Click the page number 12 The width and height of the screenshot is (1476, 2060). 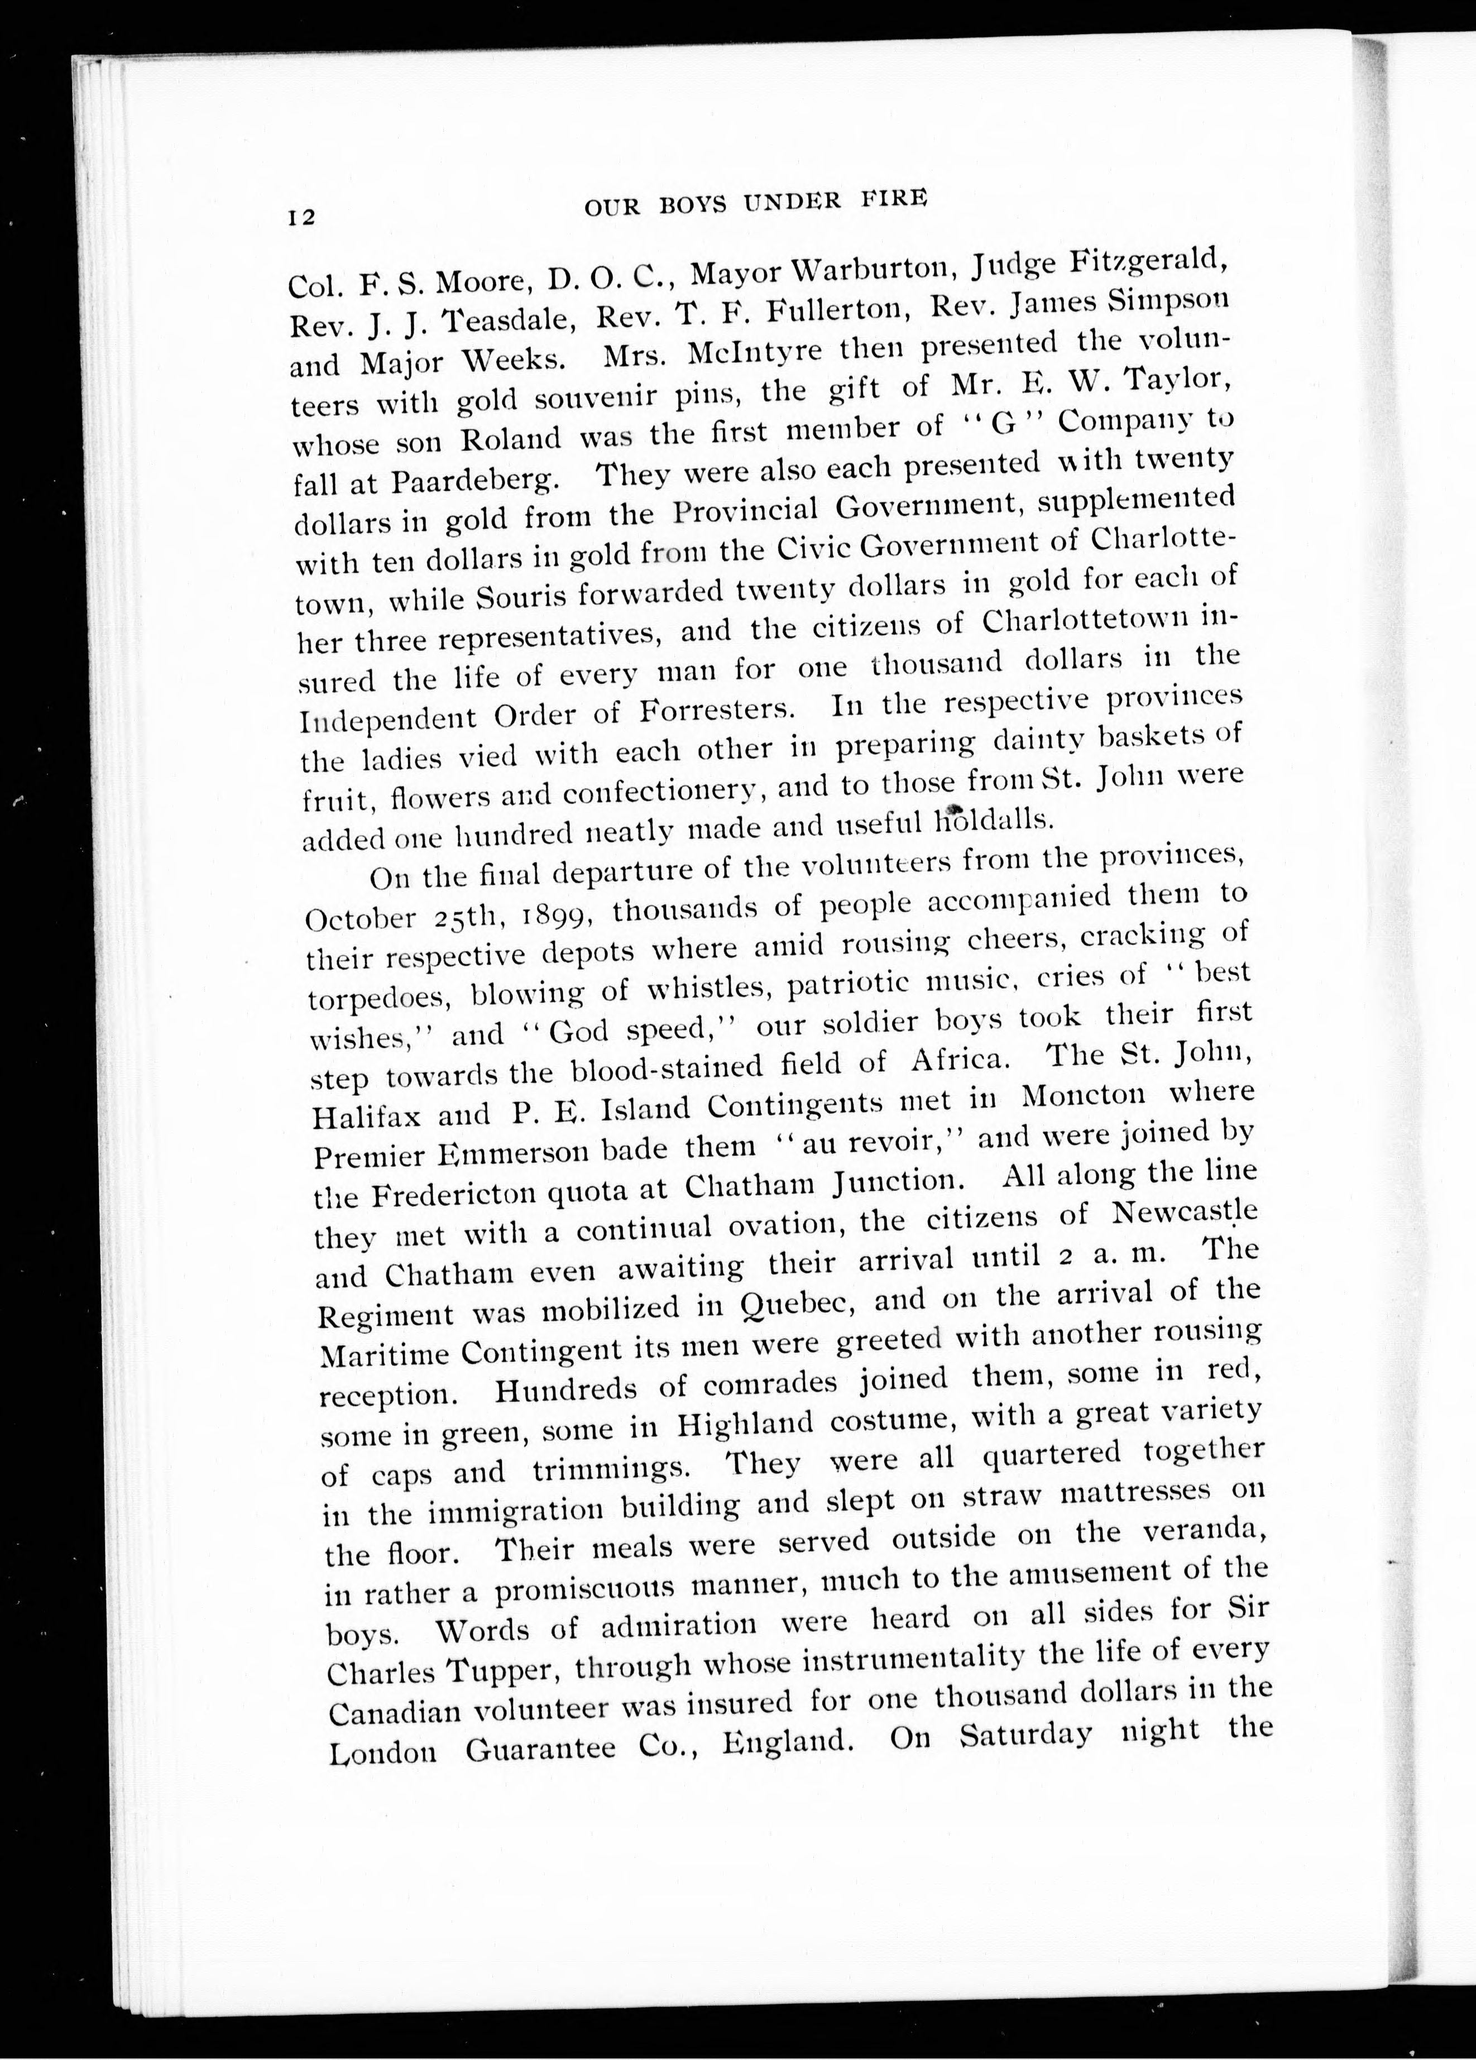pyautogui.click(x=301, y=217)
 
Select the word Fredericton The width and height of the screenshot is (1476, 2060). pyautogui.click(x=459, y=1194)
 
